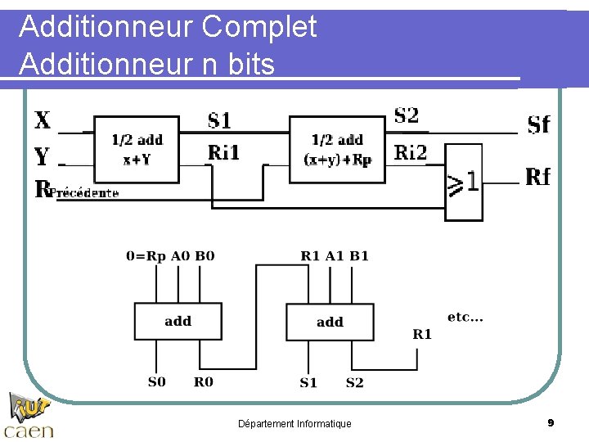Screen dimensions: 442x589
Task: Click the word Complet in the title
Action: click(259, 27)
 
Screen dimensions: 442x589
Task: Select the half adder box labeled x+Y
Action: click(137, 149)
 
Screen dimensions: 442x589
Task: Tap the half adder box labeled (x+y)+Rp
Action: click(337, 149)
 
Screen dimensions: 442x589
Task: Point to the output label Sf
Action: click(538, 124)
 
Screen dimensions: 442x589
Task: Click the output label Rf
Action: click(537, 177)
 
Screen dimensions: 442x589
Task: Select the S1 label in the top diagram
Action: click(219, 122)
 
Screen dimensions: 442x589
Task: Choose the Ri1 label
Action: click(223, 152)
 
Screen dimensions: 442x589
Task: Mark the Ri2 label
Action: click(410, 152)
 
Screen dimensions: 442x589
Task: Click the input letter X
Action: click(43, 121)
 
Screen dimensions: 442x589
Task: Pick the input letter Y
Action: click(42, 156)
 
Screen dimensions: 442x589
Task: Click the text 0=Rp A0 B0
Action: click(170, 256)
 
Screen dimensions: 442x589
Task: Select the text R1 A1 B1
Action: click(335, 256)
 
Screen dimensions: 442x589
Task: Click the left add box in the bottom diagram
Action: click(178, 321)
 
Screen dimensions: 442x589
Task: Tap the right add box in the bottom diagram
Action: click(330, 322)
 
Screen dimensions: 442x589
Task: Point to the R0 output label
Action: click(203, 381)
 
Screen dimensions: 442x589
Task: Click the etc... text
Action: click(465, 317)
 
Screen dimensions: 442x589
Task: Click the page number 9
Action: click(551, 422)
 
